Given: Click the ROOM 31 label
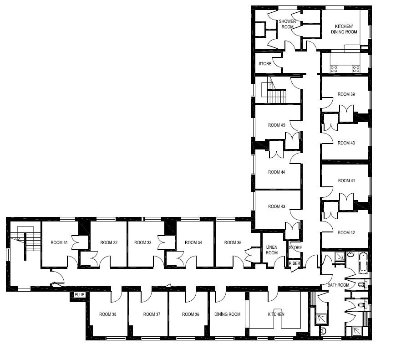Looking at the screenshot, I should [59, 242].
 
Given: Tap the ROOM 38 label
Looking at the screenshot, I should [108, 314].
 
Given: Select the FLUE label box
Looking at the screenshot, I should [80, 295].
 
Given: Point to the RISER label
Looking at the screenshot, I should [294, 263].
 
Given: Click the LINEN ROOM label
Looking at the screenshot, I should [272, 250].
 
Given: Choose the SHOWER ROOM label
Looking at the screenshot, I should [287, 24].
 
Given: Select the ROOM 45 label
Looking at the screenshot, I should [276, 125].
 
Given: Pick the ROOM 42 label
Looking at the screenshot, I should [346, 232].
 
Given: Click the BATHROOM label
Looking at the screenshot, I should [338, 285].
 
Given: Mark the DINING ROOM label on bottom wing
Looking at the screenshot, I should [227, 314].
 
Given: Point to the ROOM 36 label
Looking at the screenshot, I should [191, 314].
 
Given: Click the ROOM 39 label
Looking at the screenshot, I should [346, 94].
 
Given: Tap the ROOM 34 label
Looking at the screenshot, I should [193, 242].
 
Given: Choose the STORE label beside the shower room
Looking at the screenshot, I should [265, 64].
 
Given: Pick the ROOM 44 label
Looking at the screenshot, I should [276, 172].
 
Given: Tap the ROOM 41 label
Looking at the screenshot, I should [346, 180].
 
